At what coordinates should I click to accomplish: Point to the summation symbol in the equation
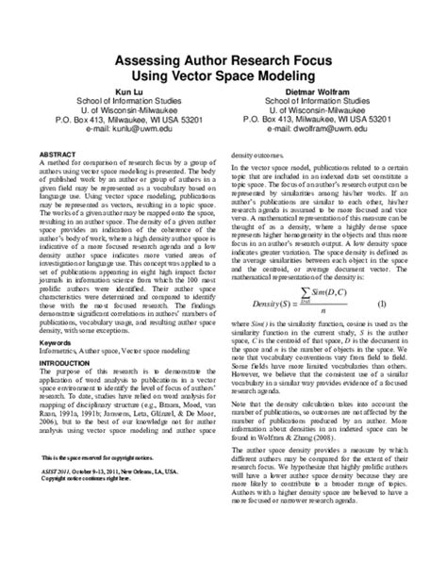click(304, 294)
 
